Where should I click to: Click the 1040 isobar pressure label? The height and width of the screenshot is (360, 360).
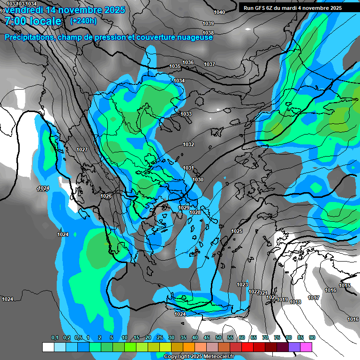click(x=219, y=12)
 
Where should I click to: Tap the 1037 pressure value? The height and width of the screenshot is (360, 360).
click(x=210, y=64)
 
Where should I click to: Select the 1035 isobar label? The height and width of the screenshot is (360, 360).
click(x=175, y=67)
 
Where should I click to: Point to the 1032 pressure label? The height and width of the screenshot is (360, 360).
click(x=188, y=145)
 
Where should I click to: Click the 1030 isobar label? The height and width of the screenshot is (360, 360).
click(x=198, y=180)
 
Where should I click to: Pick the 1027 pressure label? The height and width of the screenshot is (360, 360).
click(x=82, y=150)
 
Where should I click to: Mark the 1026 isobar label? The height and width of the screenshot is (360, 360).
click(x=106, y=196)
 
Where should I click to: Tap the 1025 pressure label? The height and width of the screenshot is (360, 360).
click(x=237, y=232)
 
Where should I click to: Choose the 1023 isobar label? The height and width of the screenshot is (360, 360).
click(x=242, y=285)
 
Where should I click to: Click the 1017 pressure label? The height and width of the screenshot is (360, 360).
click(x=314, y=298)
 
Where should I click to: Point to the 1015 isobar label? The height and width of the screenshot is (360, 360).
click(x=345, y=286)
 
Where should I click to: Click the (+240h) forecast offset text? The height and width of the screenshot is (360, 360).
click(x=83, y=21)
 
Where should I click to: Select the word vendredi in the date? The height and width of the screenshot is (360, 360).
click(x=22, y=10)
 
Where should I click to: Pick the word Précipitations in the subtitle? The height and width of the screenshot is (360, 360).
click(x=28, y=37)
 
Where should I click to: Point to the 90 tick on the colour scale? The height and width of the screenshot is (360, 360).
click(x=312, y=338)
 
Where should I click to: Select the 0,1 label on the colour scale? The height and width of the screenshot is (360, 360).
click(x=55, y=338)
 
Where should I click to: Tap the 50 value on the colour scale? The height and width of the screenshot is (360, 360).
click(x=218, y=338)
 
